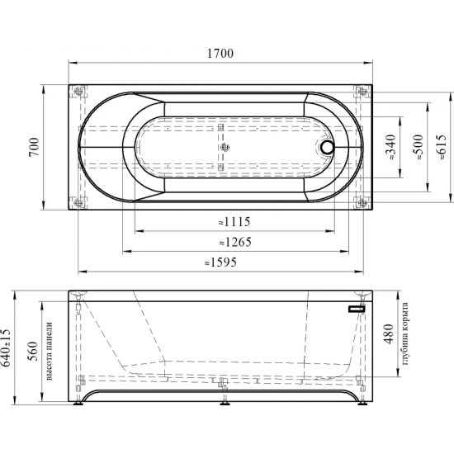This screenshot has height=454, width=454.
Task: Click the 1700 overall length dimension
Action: [220, 54]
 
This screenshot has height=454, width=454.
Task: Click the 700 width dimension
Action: [34, 147]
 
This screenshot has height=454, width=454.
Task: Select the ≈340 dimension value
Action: [390, 147]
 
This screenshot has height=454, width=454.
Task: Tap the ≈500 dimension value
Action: [419, 147]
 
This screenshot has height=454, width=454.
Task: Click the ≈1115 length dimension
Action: [234, 222]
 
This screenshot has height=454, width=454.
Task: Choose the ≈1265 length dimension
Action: [235, 242]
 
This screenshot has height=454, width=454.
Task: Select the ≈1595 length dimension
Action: [220, 262]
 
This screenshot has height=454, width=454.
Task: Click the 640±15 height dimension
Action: [6, 348]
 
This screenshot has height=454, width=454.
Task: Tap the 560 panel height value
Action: [33, 351]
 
